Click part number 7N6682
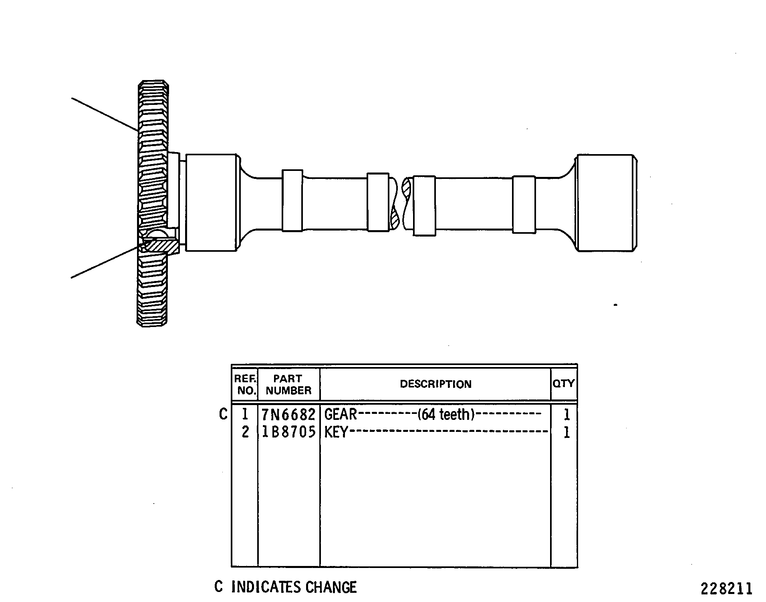coord(288,415)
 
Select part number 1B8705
coord(288,432)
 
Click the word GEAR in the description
coord(341,415)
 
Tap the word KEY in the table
coord(336,432)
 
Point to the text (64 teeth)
coord(446,415)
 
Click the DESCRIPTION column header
coord(435,384)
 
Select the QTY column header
coord(564,383)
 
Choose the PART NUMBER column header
coord(288,385)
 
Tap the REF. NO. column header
coord(245,385)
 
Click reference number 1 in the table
coord(245,415)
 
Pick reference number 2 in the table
coord(245,432)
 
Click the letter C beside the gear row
coord(223,414)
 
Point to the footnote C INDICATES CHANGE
coord(286,587)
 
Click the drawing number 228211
coord(727,589)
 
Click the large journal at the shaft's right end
coord(606,203)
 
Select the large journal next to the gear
coord(211,203)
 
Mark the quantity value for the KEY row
coord(566,433)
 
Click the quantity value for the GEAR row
coord(566,415)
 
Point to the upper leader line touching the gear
coord(105,114)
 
